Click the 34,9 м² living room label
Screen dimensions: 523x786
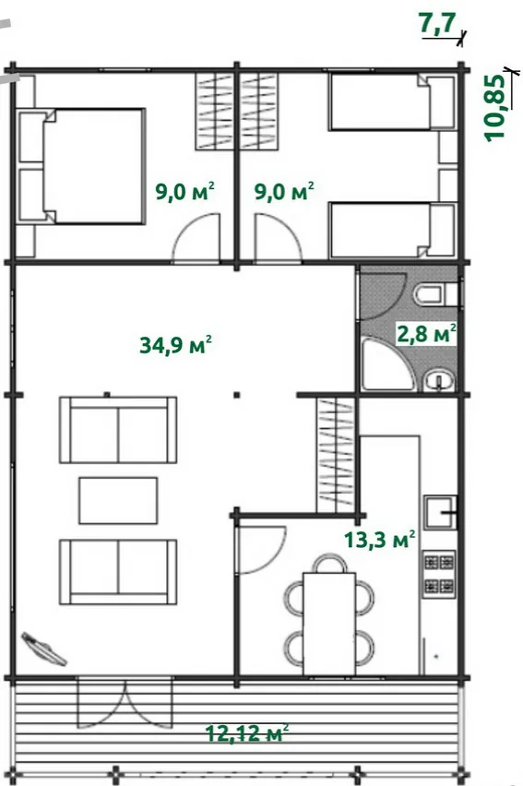(x=175, y=345)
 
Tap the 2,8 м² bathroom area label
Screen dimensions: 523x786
(x=426, y=333)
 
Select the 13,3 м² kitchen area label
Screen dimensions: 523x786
(x=380, y=540)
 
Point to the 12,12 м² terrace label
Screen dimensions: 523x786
(x=247, y=733)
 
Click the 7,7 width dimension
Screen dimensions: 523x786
(x=438, y=24)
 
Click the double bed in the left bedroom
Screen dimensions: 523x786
(x=81, y=166)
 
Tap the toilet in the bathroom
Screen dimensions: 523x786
(x=434, y=295)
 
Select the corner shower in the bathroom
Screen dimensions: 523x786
(x=387, y=363)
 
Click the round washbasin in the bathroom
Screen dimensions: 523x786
(x=439, y=382)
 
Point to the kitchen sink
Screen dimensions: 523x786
(x=440, y=512)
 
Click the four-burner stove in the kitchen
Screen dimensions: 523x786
(x=439, y=575)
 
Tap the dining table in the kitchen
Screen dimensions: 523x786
(x=329, y=624)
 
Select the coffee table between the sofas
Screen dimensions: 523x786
(x=118, y=500)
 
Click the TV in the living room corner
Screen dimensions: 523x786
(x=43, y=649)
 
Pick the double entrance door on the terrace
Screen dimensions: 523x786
(x=125, y=703)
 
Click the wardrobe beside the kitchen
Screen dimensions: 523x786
(x=336, y=455)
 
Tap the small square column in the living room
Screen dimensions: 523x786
(x=237, y=395)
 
